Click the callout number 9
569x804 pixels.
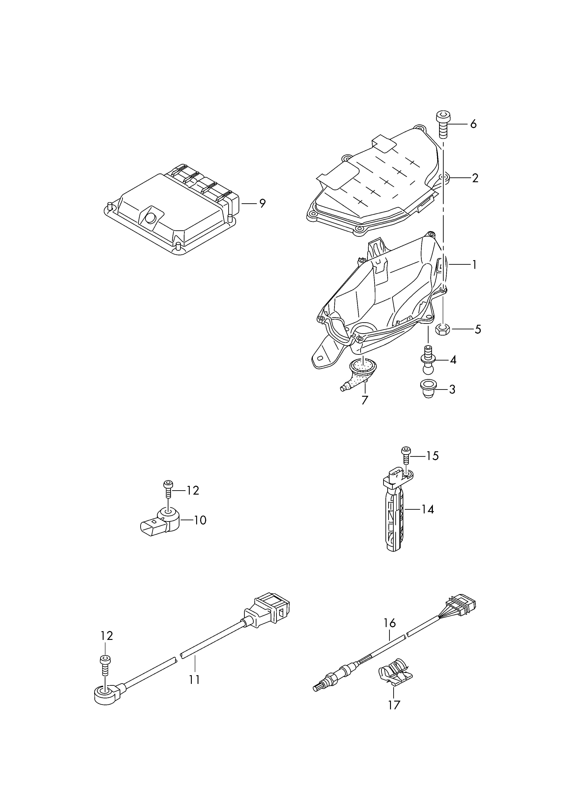(x=262, y=203)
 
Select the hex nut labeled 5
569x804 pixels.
(x=443, y=329)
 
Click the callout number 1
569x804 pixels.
(x=474, y=265)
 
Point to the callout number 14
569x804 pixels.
(x=427, y=509)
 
